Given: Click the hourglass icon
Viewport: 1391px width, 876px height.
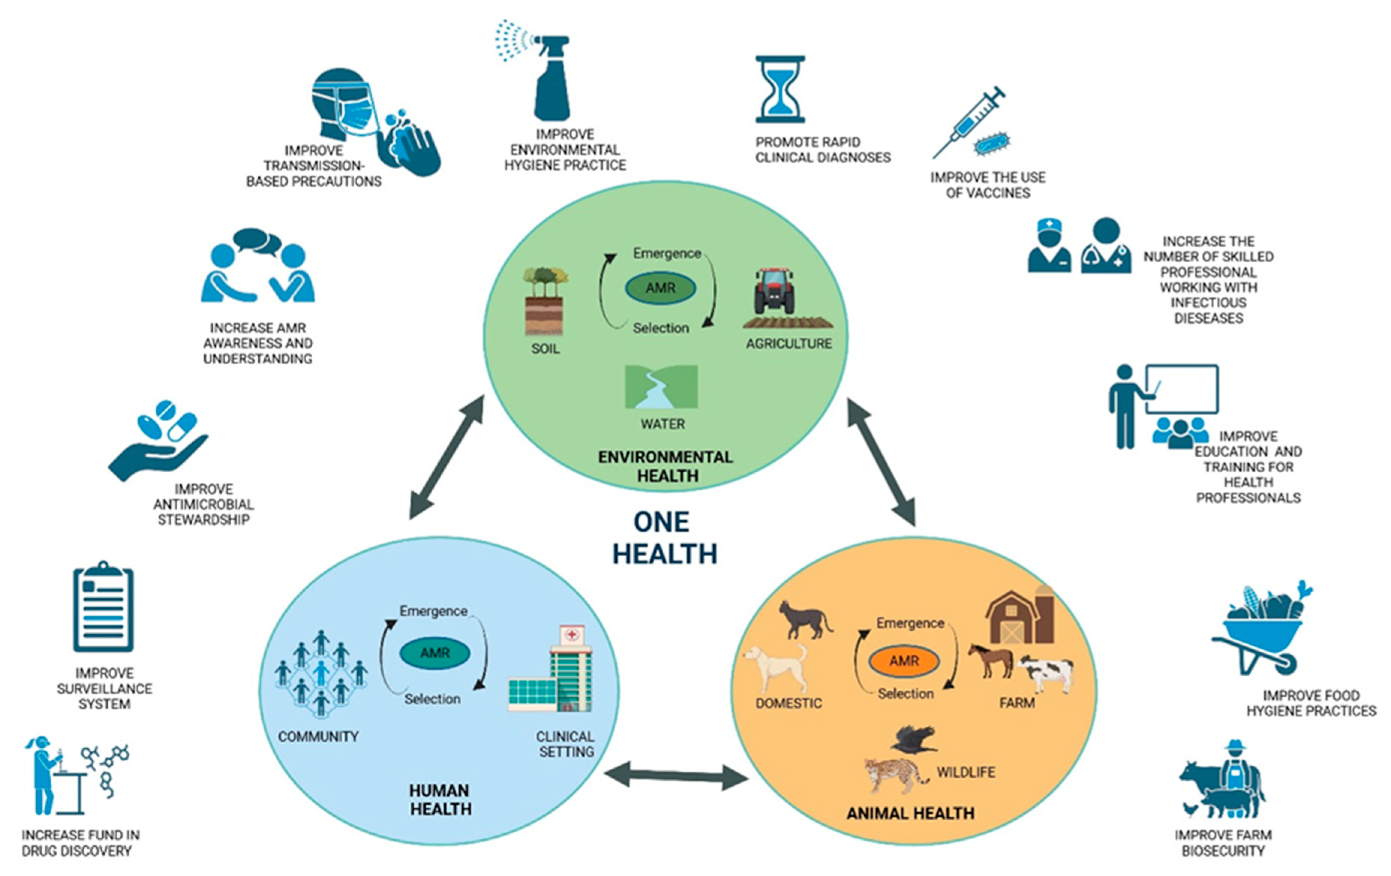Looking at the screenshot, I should click(780, 90).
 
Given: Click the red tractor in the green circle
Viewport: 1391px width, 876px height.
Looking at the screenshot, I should click(774, 292).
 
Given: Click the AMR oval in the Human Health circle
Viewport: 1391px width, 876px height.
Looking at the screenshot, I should click(435, 653).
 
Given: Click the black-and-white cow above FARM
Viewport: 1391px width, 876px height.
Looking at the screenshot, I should click(1046, 673).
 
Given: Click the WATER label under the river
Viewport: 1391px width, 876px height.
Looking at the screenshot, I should click(663, 424).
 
